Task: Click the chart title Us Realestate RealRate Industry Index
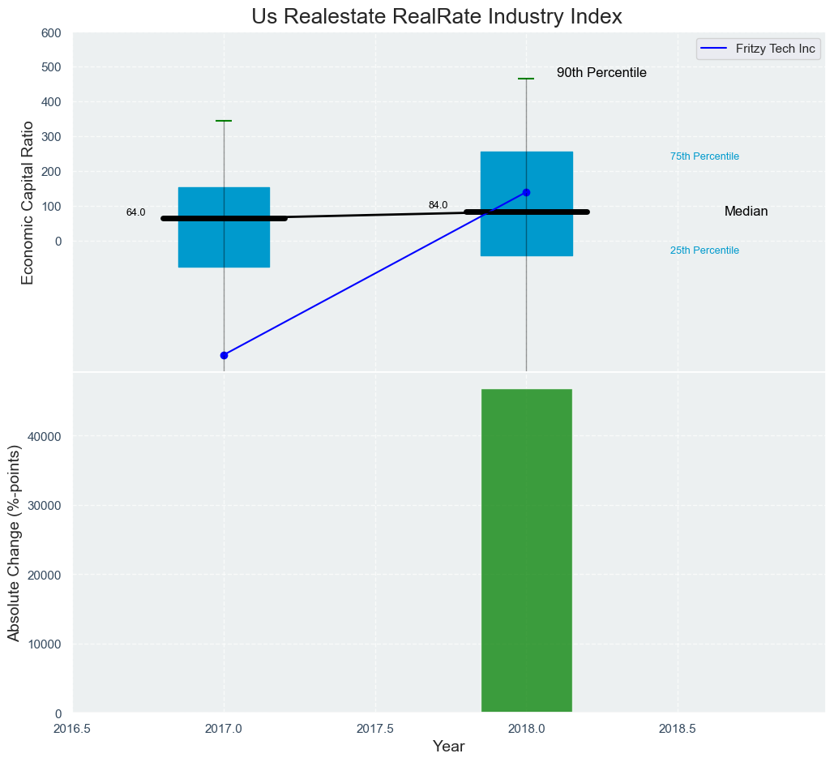click(x=436, y=17)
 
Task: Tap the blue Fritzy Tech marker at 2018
click(x=526, y=192)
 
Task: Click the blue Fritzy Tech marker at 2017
click(x=224, y=355)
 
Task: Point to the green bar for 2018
click(x=527, y=551)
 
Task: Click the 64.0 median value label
click(x=135, y=213)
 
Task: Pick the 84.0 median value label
click(x=438, y=206)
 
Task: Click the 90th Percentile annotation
click(x=601, y=73)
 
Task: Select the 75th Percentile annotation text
click(x=704, y=156)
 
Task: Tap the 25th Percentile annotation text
click(x=704, y=250)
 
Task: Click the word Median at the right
click(x=746, y=212)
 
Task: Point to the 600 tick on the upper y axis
click(x=51, y=33)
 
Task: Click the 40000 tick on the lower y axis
click(x=45, y=437)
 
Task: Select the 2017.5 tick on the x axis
click(x=375, y=728)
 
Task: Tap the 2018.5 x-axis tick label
click(x=677, y=728)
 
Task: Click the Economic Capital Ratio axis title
click(x=28, y=203)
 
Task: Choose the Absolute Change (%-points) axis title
click(x=14, y=542)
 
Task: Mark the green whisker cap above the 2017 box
click(x=224, y=121)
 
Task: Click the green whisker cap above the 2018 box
click(x=526, y=79)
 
